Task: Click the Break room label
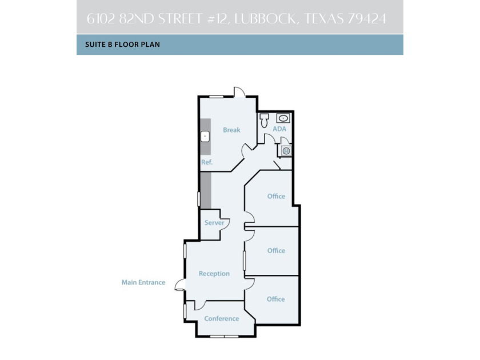[x=231, y=130]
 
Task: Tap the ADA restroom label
[x=279, y=129]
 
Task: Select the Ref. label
[x=206, y=162]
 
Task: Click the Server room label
[x=214, y=223]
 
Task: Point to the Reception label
[x=214, y=274]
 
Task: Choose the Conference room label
[x=221, y=319]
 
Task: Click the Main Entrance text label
[x=143, y=282]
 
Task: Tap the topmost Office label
[x=276, y=197]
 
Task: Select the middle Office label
[x=276, y=251]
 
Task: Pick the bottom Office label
[x=275, y=299]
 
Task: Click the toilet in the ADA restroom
[x=264, y=121]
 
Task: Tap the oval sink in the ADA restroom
[x=283, y=118]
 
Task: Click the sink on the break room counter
[x=205, y=137]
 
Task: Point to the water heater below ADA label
[x=286, y=150]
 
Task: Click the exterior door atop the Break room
[x=239, y=92]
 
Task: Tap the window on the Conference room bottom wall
[x=224, y=337]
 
